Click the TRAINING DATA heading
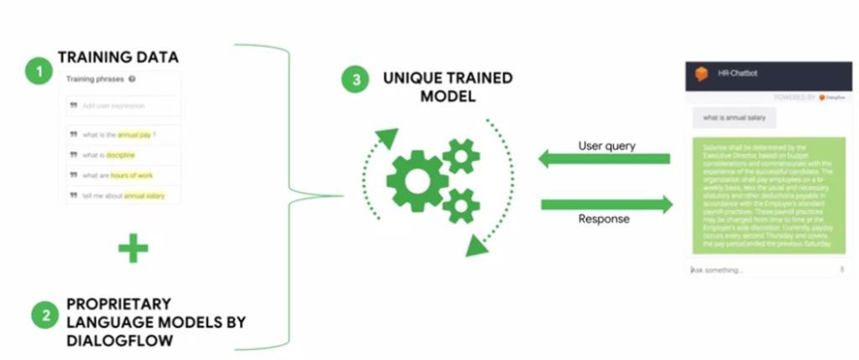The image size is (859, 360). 117,57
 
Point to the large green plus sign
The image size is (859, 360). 133,248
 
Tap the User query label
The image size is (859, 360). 607,145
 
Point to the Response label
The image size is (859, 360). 603,220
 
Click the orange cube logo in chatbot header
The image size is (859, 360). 701,75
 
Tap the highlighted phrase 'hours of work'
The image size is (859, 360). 132,175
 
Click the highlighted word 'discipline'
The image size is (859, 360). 120,154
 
